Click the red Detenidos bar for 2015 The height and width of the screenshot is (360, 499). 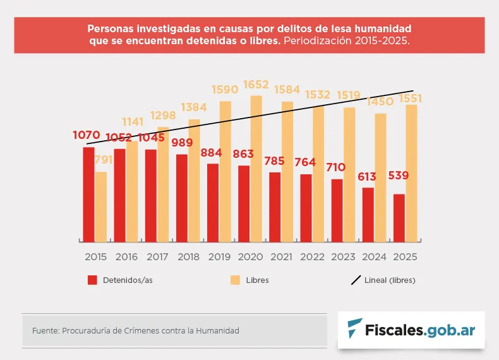coord(88,194)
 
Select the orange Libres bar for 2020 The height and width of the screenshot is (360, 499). coord(256,168)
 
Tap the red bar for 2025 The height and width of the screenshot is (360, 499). coord(399,217)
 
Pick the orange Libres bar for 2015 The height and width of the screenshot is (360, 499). coord(101,206)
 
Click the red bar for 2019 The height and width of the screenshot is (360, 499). coord(213,202)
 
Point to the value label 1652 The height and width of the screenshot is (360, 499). coord(256,85)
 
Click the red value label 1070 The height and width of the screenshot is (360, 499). coord(87,135)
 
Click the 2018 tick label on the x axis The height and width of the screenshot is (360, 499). coord(188,257)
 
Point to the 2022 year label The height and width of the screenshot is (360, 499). coord(312,257)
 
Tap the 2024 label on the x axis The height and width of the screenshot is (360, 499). coord(374,257)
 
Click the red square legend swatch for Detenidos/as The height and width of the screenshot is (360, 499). coord(92,280)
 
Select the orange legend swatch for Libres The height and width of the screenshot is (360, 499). coord(235,280)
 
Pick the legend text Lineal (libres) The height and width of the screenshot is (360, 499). coord(390,280)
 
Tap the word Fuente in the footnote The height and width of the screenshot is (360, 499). coord(44,330)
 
